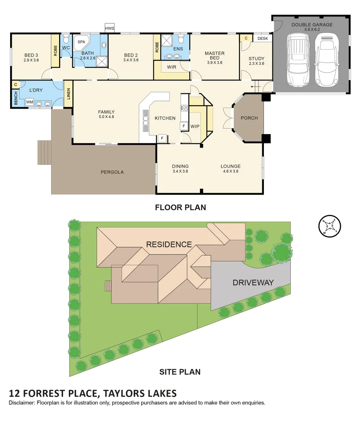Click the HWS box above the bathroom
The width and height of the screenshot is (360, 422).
[x=109, y=28]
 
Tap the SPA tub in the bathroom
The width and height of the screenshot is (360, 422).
[x=81, y=43]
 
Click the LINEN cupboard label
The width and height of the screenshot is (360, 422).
[x=68, y=94]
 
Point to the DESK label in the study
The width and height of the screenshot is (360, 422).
[x=263, y=38]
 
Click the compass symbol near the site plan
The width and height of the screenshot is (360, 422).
[x=330, y=226]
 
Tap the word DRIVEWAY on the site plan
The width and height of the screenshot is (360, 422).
[x=253, y=283]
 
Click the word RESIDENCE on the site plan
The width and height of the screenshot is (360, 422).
[x=169, y=245]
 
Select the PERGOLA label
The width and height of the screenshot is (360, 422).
[x=112, y=172]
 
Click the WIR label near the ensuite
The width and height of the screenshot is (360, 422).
[x=171, y=67]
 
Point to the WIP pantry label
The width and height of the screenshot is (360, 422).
[x=195, y=127]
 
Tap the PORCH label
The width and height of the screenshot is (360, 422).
[x=249, y=118]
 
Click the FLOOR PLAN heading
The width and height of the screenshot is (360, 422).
[x=180, y=207]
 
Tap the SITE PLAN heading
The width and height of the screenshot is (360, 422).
[x=180, y=372]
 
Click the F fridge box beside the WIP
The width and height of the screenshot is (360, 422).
[x=183, y=127]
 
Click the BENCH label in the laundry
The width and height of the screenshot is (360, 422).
[x=16, y=100]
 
